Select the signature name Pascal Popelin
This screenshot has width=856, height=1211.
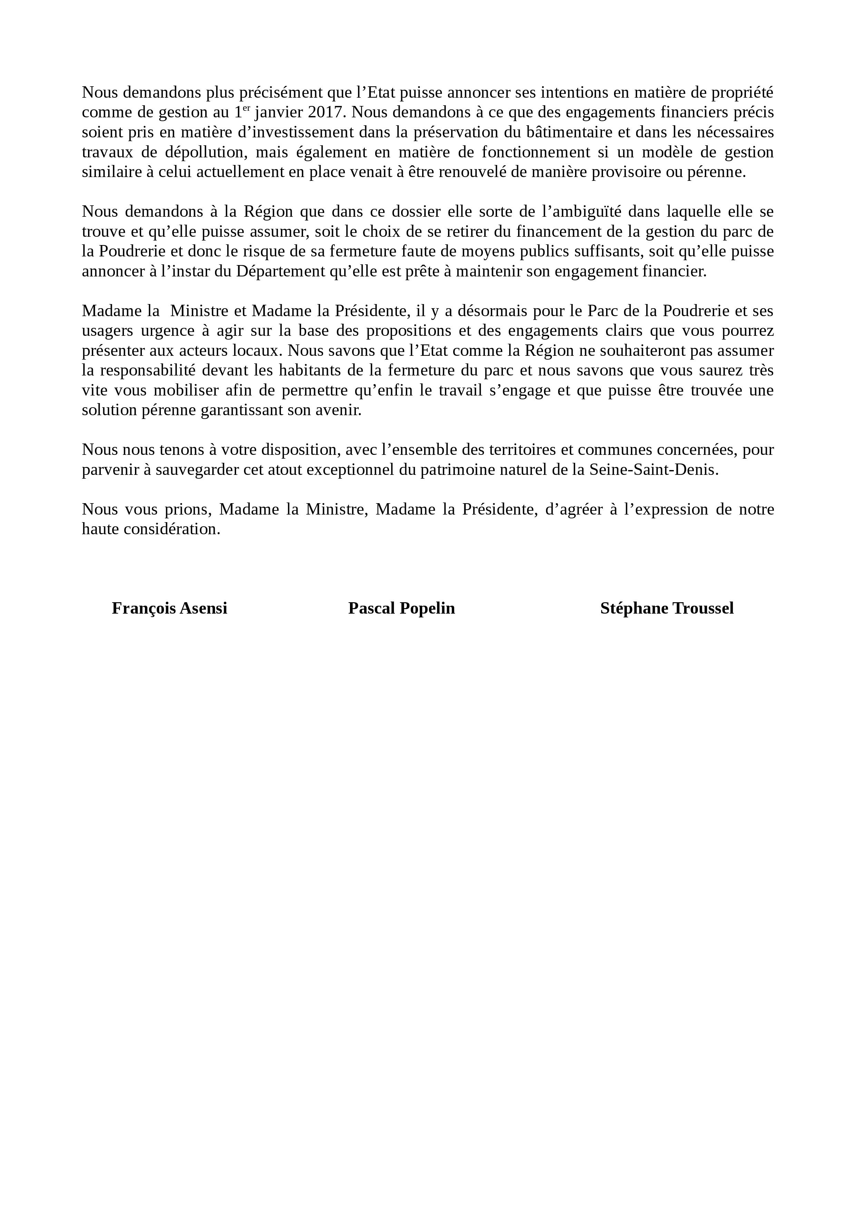(401, 608)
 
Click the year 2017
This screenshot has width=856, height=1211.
(327, 113)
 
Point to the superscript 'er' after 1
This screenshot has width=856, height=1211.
(246, 108)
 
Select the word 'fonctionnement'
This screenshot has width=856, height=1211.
(536, 153)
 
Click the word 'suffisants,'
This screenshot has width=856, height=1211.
(606, 252)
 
